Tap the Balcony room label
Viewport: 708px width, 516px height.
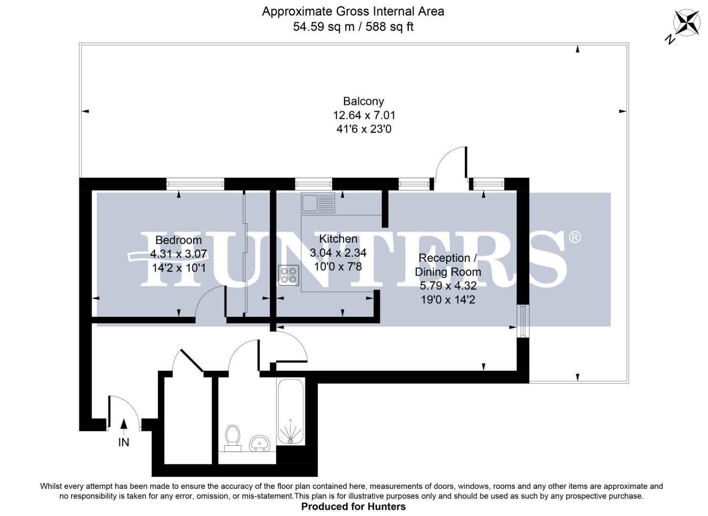(363, 101)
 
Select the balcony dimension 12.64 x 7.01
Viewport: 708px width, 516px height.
(364, 115)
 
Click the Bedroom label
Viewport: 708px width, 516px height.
(178, 240)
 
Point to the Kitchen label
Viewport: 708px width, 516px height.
(338, 238)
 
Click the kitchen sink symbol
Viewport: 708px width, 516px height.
(318, 203)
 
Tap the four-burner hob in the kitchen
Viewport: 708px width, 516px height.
(289, 275)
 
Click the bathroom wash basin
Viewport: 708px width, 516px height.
(260, 443)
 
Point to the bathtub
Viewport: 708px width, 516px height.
(290, 412)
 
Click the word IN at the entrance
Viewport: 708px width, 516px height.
(124, 442)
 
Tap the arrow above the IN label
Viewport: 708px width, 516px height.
(124, 426)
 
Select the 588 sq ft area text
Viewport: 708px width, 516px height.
(389, 27)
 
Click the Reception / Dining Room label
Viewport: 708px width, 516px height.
(448, 265)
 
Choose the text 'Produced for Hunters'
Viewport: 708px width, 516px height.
(353, 506)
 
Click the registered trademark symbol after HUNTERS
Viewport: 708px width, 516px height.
(575, 237)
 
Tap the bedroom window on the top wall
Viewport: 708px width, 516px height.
(195, 183)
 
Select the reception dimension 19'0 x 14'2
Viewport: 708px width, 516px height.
(448, 300)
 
